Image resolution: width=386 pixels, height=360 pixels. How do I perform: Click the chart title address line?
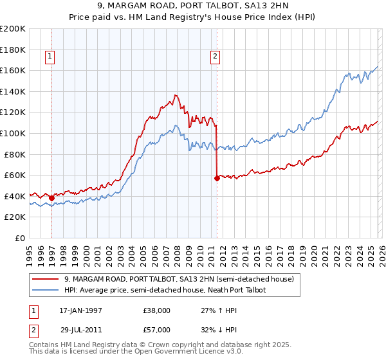click(x=193, y=6)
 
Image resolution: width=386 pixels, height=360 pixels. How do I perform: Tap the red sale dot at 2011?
click(x=217, y=178)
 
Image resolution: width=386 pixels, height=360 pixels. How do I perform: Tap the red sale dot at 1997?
click(x=51, y=198)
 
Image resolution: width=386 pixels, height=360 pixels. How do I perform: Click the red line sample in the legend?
click(x=46, y=279)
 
